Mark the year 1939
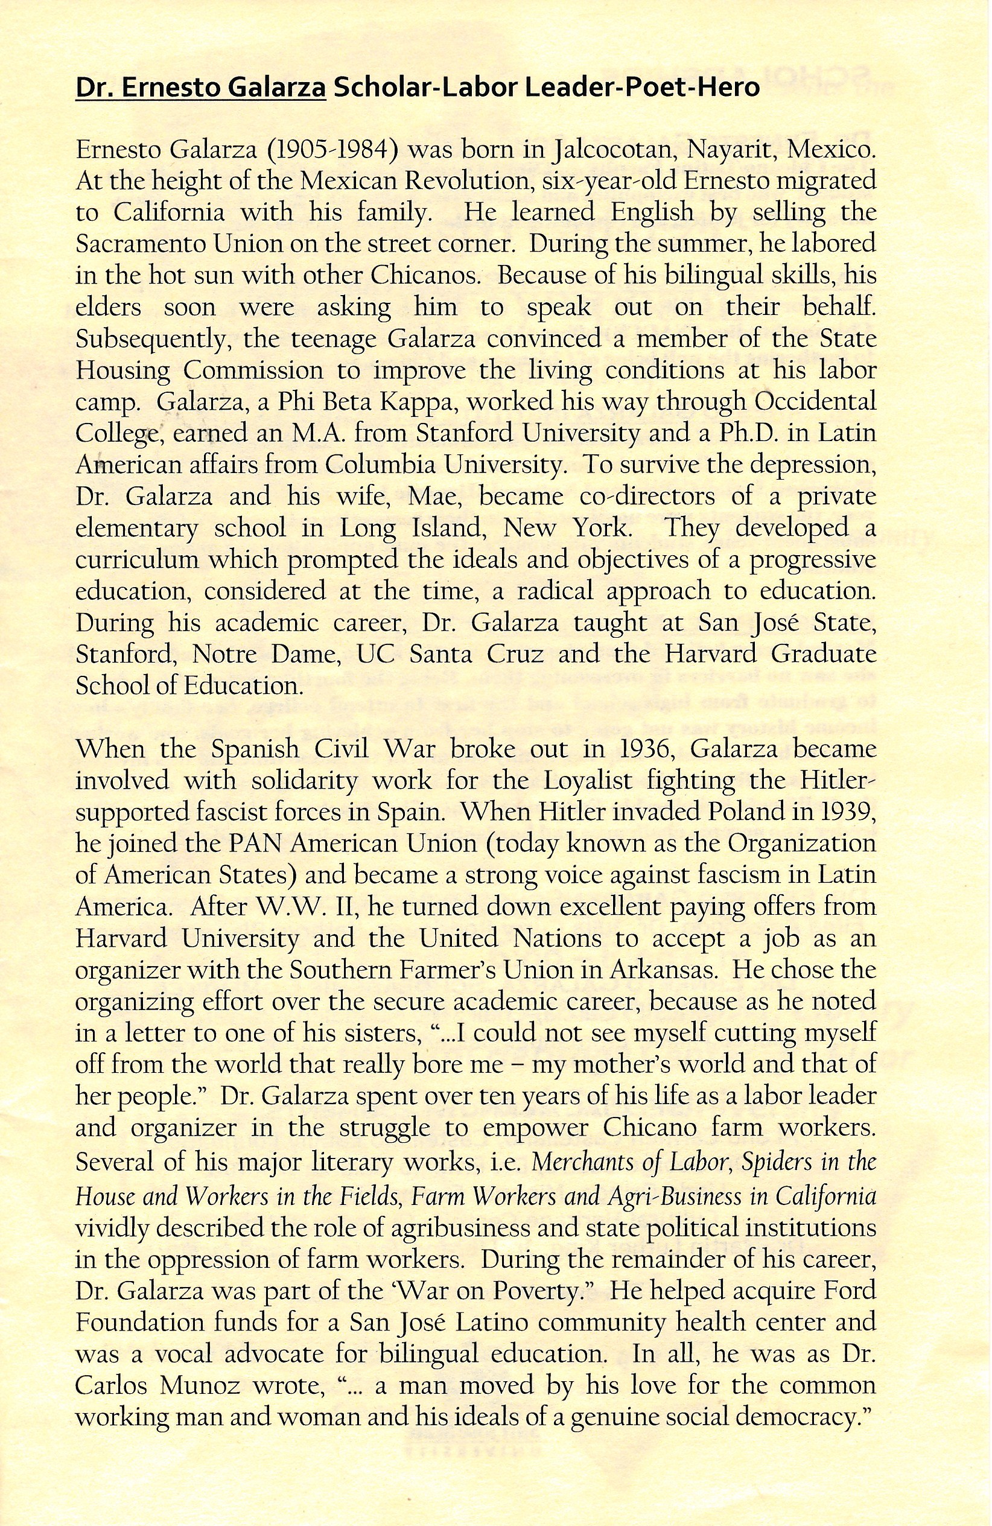pyautogui.click(x=847, y=812)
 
